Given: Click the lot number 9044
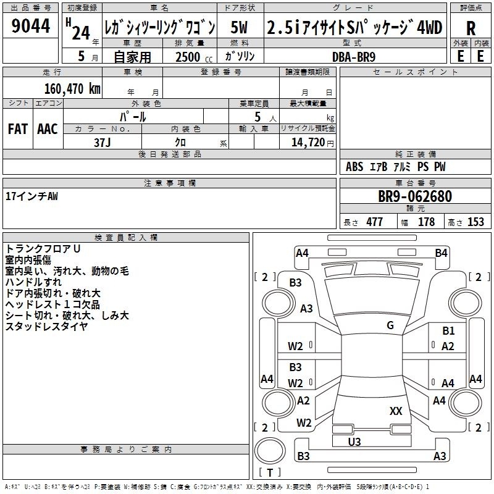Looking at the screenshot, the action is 30,25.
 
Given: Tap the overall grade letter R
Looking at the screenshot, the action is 471,28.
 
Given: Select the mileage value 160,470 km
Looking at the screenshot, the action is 72,89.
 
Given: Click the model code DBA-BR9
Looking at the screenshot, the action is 354,57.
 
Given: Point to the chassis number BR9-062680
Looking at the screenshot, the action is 415,196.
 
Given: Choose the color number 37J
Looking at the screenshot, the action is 103,143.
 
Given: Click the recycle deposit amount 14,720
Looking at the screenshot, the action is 308,143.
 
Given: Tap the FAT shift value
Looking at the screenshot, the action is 18,129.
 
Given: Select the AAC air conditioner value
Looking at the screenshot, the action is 48,129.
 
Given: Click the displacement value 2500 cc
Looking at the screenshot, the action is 194,57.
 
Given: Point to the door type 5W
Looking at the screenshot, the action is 239,27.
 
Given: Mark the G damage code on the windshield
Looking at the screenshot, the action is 390,325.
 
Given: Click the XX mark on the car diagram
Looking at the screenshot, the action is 396,411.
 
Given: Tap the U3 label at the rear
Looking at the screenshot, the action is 354,442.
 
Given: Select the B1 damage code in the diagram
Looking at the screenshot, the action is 448,331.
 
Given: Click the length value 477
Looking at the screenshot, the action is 374,222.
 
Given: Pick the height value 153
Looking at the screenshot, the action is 475,222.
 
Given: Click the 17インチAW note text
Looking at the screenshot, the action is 31,196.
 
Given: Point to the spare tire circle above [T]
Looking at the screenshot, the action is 270,451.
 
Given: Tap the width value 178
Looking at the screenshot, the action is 426,222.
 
